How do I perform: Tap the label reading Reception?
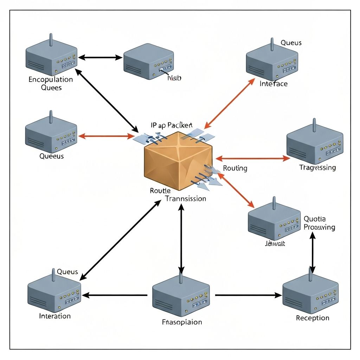[x=313, y=318]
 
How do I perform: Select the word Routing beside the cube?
[x=235, y=168]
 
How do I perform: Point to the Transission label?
[x=186, y=199]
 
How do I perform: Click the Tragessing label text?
[x=317, y=167]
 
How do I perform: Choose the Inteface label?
[x=274, y=84]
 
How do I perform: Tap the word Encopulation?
[x=51, y=79]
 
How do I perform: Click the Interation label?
[x=55, y=316]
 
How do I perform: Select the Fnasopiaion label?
[x=182, y=322]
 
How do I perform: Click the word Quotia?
[x=315, y=219]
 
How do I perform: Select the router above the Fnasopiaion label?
[x=181, y=295]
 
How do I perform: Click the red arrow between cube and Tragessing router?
[x=253, y=159]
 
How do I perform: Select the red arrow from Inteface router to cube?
[x=230, y=103]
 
